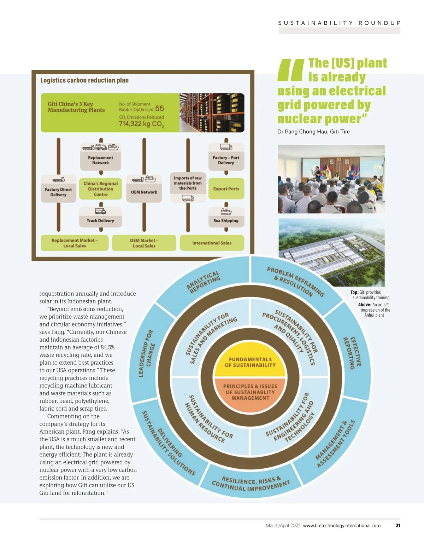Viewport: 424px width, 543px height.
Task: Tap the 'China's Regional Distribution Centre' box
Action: click(x=101, y=189)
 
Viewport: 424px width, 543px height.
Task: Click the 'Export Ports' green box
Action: click(x=226, y=189)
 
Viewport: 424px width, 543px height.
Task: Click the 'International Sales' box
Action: click(x=212, y=243)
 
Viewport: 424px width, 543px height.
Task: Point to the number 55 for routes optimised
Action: click(x=160, y=109)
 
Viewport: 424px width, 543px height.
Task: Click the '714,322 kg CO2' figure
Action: click(x=141, y=124)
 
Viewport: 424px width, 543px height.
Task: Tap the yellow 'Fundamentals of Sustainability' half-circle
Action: click(x=250, y=362)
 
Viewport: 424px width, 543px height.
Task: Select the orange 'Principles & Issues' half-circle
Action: click(x=250, y=392)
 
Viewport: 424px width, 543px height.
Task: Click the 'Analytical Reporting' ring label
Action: click(x=204, y=283)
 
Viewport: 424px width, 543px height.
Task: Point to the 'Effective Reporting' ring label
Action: click(x=352, y=353)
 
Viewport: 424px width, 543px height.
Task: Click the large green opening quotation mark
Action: click(x=290, y=70)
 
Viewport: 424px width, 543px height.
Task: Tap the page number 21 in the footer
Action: click(x=398, y=526)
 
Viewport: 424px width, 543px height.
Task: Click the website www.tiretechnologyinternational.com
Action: click(x=342, y=526)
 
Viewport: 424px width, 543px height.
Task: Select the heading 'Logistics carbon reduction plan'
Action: click(x=84, y=80)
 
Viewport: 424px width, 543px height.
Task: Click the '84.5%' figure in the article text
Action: click(x=107, y=347)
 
